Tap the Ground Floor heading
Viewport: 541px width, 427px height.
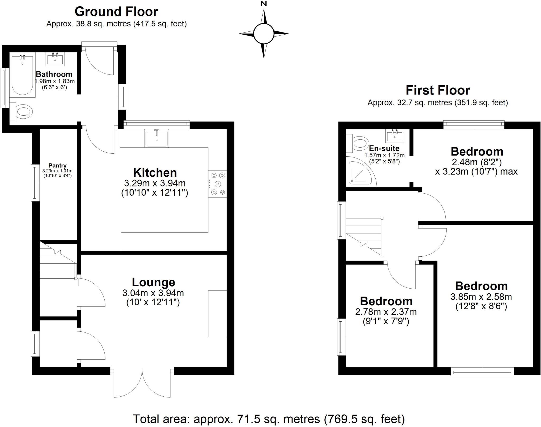click(x=116, y=12)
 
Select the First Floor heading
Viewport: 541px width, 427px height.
click(x=438, y=90)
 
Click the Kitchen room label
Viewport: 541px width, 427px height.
click(x=155, y=173)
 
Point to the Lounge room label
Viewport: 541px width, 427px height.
click(x=153, y=282)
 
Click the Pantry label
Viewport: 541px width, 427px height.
click(x=57, y=166)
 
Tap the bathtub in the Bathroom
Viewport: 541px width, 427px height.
click(x=22, y=75)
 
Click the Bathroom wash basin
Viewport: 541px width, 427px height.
click(x=55, y=59)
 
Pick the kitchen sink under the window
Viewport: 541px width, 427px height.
click(x=156, y=138)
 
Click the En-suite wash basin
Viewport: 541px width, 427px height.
click(x=395, y=136)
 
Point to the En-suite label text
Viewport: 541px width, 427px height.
click(x=384, y=148)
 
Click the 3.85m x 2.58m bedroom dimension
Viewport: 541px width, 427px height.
click(x=481, y=297)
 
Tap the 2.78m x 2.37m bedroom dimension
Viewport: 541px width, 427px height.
click(x=386, y=312)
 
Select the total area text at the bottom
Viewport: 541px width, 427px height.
click(x=268, y=419)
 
